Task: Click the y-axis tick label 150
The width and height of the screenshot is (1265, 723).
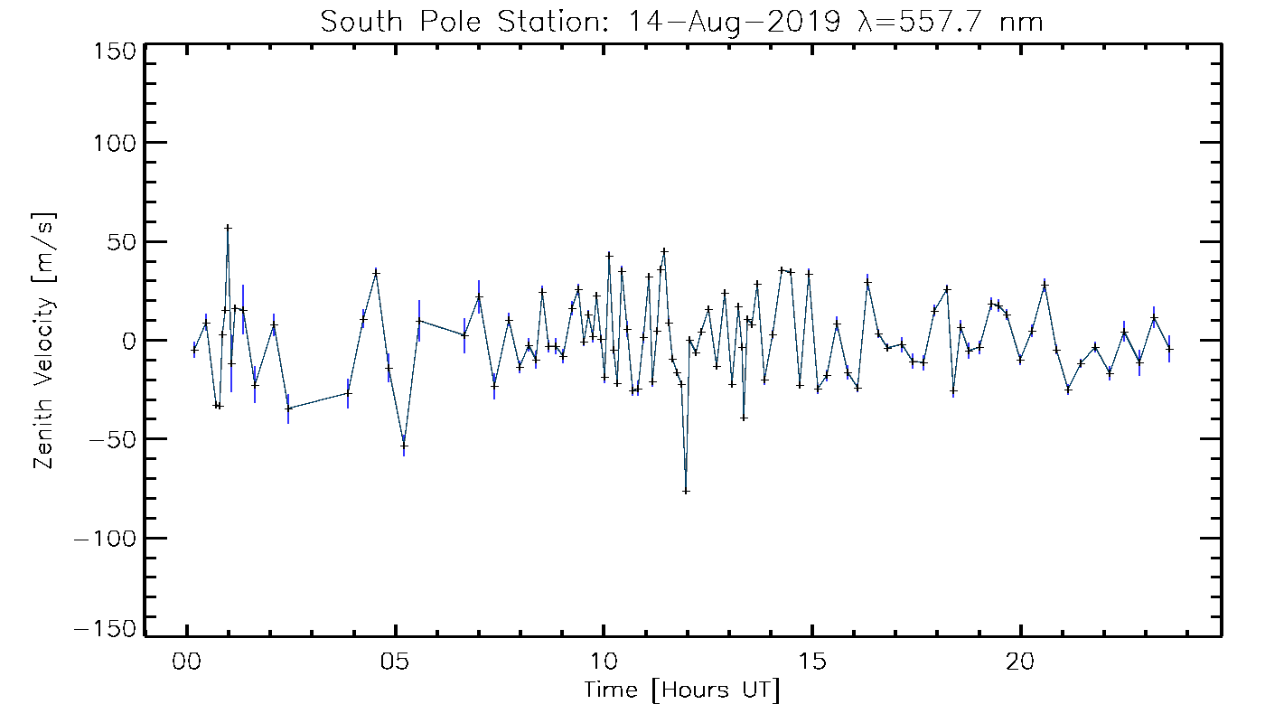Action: [x=115, y=52]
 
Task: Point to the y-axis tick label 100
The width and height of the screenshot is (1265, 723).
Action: [x=115, y=143]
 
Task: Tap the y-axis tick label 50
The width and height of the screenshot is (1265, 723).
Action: [x=123, y=241]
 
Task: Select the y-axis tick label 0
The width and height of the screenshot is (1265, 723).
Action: [x=130, y=341]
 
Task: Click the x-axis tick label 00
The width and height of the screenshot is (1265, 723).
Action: [x=187, y=662]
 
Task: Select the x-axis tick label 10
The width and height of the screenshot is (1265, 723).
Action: [x=604, y=662]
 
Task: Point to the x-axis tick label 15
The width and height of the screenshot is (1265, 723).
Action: [x=812, y=662]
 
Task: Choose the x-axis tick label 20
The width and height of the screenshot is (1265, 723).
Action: [x=1020, y=662]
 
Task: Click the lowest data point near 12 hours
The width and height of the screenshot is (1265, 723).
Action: [x=686, y=491]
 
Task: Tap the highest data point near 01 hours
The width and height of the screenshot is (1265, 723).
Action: [x=228, y=228]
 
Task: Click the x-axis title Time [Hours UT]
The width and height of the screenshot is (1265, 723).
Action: [x=681, y=691]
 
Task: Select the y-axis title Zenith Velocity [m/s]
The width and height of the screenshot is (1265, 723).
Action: [x=44, y=341]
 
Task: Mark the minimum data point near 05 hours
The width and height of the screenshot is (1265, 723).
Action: [x=404, y=446]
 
